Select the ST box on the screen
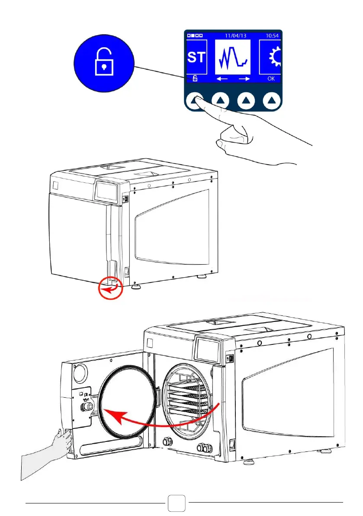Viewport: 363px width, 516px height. (x=196, y=57)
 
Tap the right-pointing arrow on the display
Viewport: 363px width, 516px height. (x=244, y=79)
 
